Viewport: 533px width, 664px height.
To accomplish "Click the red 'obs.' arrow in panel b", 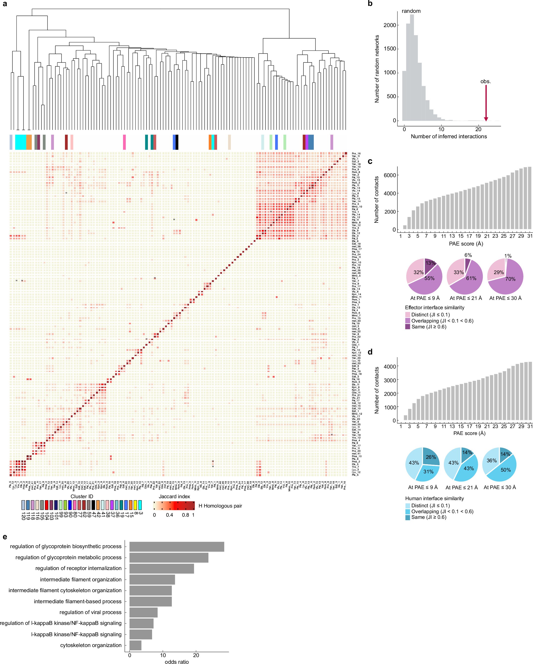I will pyautogui.click(x=486, y=103).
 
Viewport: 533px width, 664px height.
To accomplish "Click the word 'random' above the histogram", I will pyautogui.click(x=411, y=11).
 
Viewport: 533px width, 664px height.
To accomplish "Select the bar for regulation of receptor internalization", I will pyautogui.click(x=161, y=568).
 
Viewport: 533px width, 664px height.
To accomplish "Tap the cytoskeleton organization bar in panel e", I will pyautogui.click(x=135, y=645).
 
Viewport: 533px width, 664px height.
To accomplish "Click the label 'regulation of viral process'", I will pyautogui.click(x=90, y=612).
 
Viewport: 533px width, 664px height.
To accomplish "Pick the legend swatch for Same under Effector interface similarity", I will pyautogui.click(x=407, y=327).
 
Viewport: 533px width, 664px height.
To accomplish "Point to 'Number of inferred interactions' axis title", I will pyautogui.click(x=449, y=137).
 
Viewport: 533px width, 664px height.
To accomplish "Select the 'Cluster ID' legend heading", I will pyautogui.click(x=82, y=496).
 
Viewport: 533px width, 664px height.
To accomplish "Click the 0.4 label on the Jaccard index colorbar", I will pyautogui.click(x=170, y=515).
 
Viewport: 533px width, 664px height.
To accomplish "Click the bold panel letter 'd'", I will pyautogui.click(x=370, y=352).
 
